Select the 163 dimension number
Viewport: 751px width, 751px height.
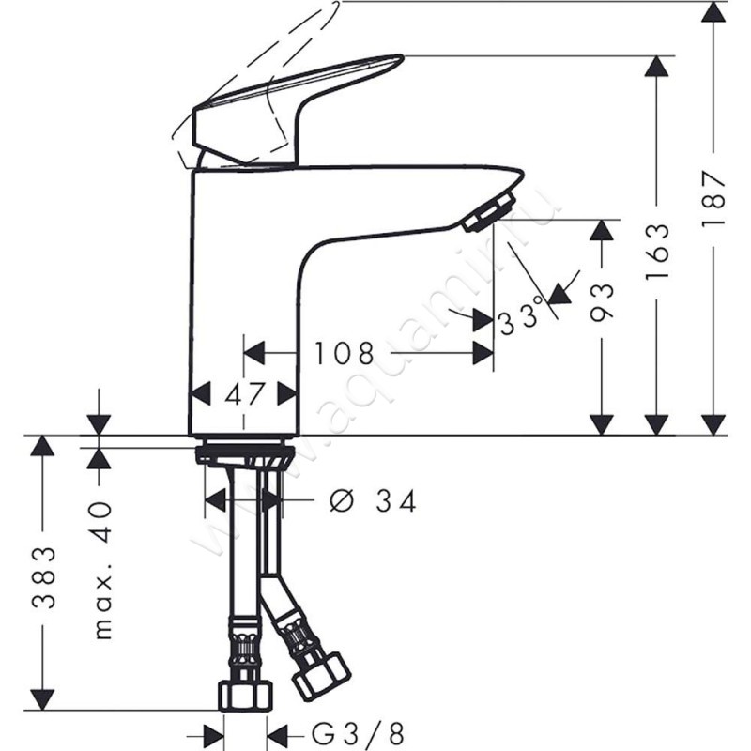tap(657, 252)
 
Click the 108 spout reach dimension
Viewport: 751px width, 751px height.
tap(344, 354)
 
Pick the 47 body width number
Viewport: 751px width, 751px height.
tap(244, 394)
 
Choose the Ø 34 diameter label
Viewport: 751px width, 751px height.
tap(373, 501)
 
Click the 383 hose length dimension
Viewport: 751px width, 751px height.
tap(44, 577)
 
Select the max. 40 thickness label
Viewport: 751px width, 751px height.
tap(102, 570)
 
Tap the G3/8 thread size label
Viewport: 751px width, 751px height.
tap(358, 733)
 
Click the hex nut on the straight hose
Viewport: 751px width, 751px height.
tap(246, 696)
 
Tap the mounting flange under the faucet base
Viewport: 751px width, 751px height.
tap(244, 451)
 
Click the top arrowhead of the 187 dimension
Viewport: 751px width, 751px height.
tap(713, 11)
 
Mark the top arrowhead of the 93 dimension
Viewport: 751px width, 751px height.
tap(602, 230)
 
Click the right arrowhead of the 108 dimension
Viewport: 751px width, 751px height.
tap(483, 354)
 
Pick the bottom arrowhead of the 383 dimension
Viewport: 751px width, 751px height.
tap(42, 700)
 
